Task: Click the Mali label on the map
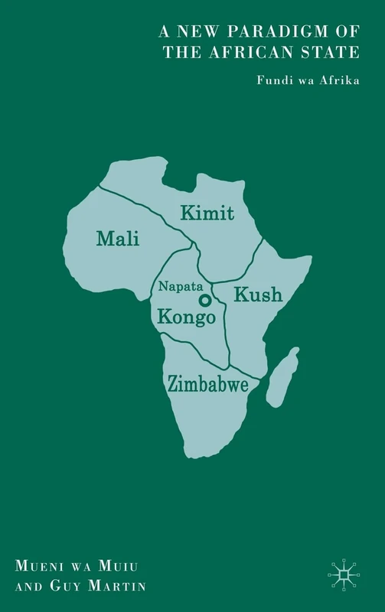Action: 118,239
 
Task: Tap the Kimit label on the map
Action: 207,213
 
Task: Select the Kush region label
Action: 258,294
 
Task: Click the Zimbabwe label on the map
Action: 207,385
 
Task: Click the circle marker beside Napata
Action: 205,300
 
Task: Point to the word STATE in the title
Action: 335,52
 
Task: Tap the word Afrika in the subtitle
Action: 341,78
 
